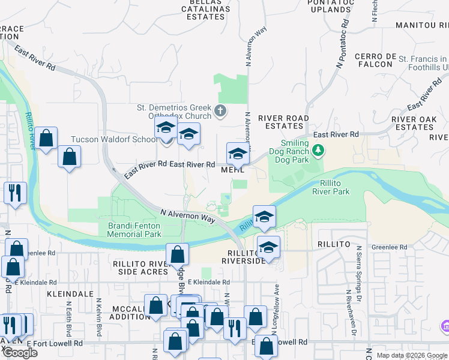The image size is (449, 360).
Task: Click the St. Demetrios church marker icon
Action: point(221,110)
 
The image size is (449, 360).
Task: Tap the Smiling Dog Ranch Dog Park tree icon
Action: point(319,149)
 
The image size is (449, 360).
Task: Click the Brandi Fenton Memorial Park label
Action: point(134,230)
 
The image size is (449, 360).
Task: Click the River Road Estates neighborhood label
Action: point(283,122)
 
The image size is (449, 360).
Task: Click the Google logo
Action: point(20,353)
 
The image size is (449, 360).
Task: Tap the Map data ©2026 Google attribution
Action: point(412,355)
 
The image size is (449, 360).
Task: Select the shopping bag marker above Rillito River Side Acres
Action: point(178,254)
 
